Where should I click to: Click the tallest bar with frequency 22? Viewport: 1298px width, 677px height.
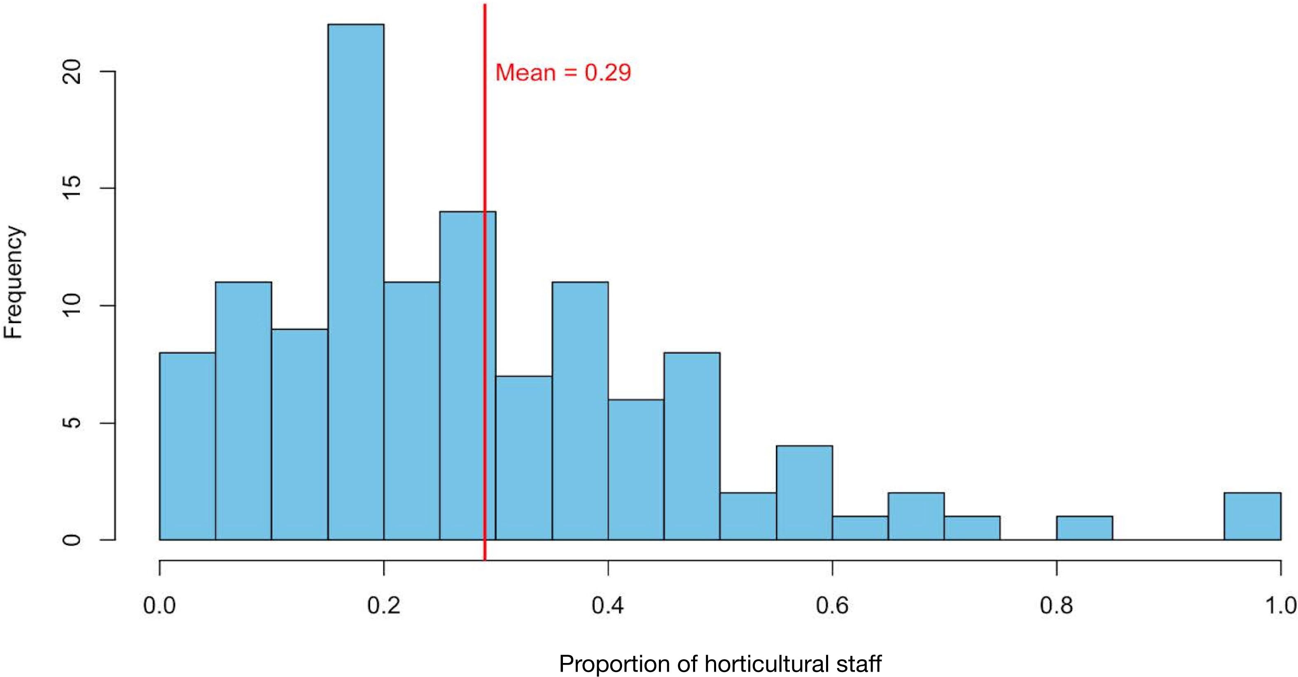pyautogui.click(x=356, y=282)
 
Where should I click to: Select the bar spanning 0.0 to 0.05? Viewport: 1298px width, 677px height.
pyautogui.click(x=187, y=446)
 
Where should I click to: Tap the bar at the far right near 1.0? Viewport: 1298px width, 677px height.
pyautogui.click(x=1252, y=516)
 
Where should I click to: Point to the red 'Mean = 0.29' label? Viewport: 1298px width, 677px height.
pyautogui.click(x=563, y=73)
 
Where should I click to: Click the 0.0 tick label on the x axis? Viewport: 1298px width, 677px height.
pyautogui.click(x=160, y=605)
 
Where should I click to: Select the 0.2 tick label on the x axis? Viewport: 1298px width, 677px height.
pyautogui.click(x=384, y=605)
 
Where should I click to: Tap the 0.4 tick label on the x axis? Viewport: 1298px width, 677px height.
pyautogui.click(x=608, y=605)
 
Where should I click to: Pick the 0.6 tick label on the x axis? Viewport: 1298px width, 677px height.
pyautogui.click(x=832, y=605)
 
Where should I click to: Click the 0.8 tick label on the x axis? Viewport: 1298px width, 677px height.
pyautogui.click(x=1057, y=605)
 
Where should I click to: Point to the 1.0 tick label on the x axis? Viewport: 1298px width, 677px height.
pyautogui.click(x=1280, y=605)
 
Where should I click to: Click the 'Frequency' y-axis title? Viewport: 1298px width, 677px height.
pyautogui.click(x=14, y=282)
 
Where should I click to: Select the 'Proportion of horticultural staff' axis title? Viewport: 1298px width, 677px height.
pyautogui.click(x=720, y=663)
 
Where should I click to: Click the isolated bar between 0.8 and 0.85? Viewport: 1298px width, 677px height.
pyautogui.click(x=1084, y=528)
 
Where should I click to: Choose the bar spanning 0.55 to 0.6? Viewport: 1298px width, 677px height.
pyautogui.click(x=804, y=493)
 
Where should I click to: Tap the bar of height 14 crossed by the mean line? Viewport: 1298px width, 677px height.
pyautogui.click(x=462, y=375)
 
